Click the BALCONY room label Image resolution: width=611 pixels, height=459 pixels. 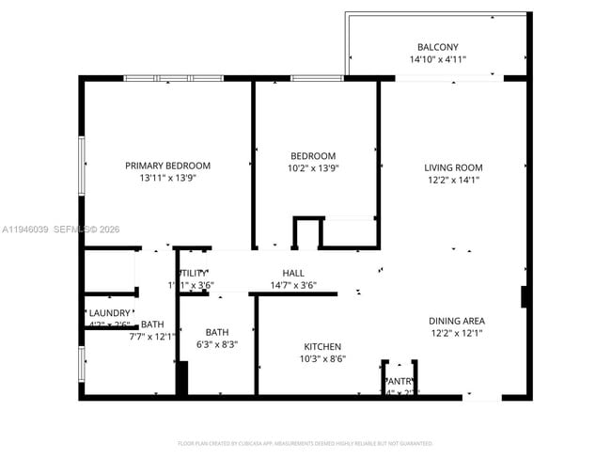437,47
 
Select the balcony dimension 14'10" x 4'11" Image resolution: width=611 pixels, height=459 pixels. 437,59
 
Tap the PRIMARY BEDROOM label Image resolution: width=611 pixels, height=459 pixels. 167,166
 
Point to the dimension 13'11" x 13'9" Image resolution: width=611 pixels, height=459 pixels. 167,177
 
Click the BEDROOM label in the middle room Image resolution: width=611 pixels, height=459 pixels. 313,156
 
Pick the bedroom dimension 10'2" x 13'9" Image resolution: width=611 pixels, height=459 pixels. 313,167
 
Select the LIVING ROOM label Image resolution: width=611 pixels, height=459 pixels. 453,168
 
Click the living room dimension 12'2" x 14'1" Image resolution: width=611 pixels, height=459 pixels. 453,180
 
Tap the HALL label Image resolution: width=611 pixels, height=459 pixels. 292,274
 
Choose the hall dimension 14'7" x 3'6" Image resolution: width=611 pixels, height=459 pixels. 292,285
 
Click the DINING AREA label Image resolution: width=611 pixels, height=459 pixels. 457,321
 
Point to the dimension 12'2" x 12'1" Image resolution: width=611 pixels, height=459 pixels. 457,332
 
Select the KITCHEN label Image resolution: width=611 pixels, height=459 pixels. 322,347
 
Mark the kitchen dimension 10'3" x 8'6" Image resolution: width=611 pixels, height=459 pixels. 322,358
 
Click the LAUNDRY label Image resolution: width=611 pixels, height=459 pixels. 110,313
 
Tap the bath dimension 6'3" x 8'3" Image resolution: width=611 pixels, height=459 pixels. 217,344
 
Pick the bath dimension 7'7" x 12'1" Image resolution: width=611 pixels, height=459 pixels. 152,336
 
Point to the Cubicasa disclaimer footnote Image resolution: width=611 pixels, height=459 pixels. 305,442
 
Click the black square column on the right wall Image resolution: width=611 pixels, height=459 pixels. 525,296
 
